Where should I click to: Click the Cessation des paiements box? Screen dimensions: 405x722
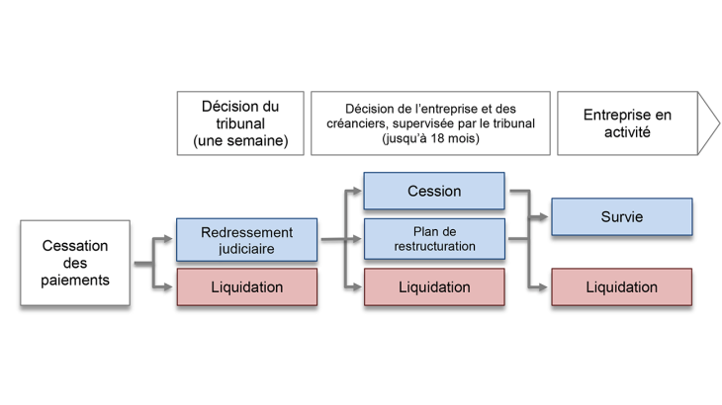75,264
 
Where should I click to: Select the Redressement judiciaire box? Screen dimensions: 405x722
246,239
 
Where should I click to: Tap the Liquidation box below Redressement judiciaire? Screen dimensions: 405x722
246,287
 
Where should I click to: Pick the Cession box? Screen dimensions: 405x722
434,191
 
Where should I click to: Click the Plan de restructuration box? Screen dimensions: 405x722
434,238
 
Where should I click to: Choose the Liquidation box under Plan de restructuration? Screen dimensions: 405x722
434,287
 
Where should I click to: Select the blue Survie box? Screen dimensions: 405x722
621,217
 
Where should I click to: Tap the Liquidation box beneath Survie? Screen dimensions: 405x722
621,287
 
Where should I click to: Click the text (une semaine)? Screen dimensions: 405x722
239,141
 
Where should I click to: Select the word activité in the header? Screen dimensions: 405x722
626,132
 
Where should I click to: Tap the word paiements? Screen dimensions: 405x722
75,281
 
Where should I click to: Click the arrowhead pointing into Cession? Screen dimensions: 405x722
357,191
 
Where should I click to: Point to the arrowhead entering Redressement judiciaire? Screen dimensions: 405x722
170,239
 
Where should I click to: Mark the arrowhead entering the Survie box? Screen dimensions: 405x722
545,217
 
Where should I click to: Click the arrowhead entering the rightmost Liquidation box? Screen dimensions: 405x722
545,287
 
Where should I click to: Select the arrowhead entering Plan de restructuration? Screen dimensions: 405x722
357,238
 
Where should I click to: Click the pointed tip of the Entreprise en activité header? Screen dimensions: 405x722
720,123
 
